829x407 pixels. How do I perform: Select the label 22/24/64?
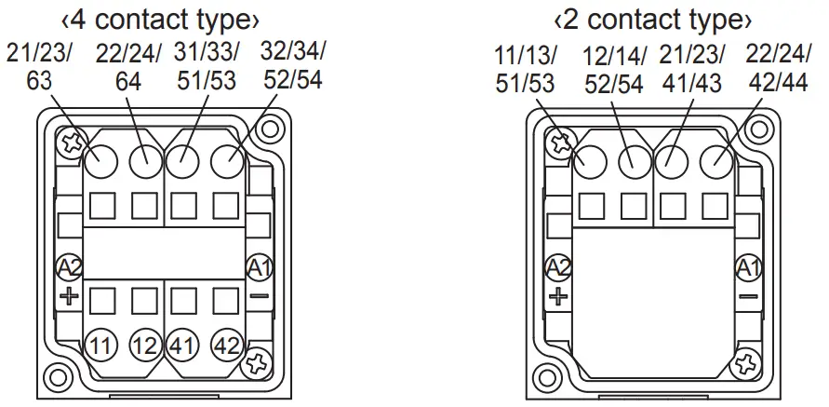[x=127, y=66]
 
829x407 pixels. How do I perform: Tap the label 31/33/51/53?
[x=206, y=66]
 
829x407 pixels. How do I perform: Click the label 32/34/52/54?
[x=293, y=66]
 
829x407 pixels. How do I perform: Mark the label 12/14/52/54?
[x=614, y=71]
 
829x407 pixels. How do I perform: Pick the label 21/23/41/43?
[x=690, y=71]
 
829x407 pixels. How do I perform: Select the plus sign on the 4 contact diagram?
[x=69, y=297]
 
